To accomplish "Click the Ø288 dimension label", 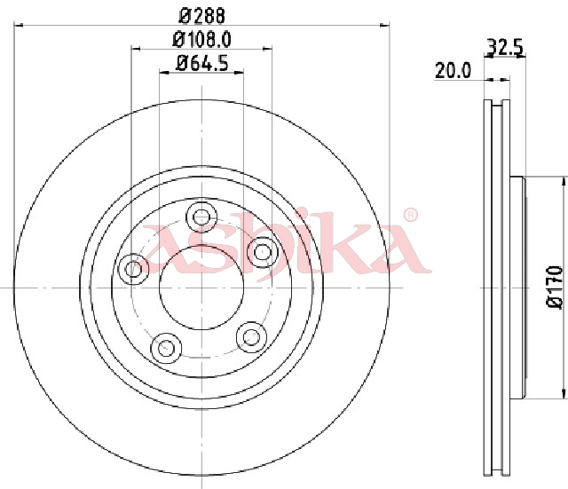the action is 201,16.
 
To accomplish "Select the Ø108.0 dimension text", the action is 201,39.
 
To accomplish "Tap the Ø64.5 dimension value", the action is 201,64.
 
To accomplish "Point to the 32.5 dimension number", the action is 504,47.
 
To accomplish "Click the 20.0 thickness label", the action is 453,70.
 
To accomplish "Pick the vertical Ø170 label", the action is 554,288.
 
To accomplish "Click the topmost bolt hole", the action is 201,217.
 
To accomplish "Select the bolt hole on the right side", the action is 263,252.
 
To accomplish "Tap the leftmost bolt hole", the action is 133,269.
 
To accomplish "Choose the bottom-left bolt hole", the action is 166,348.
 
